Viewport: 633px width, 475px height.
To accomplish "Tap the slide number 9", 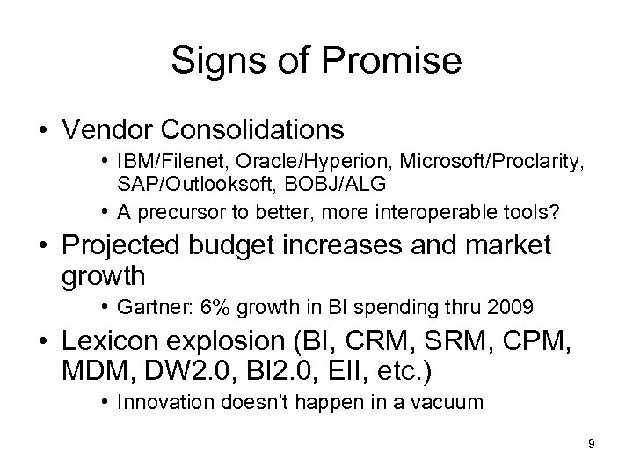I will pos(592,443).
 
